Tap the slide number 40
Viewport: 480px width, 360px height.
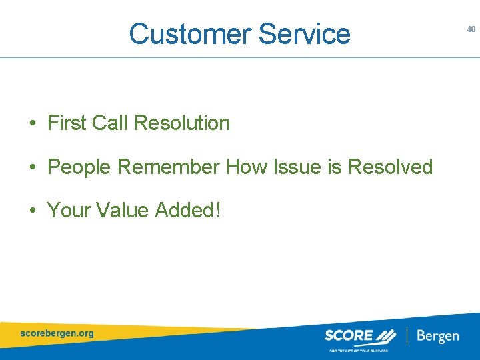pyautogui.click(x=471, y=29)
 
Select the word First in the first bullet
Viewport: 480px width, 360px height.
pyautogui.click(x=67, y=123)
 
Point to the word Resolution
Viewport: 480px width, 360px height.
pyautogui.click(x=182, y=123)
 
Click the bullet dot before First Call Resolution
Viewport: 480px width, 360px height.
pyautogui.click(x=32, y=124)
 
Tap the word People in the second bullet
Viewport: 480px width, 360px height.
pyautogui.click(x=79, y=167)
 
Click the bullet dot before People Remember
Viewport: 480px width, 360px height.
pyautogui.click(x=32, y=168)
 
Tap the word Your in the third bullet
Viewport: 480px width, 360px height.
pyautogui.click(x=69, y=210)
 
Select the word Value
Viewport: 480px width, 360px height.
pyautogui.click(x=123, y=210)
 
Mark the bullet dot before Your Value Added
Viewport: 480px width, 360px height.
pyautogui.click(x=32, y=211)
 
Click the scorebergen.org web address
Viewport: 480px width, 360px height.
pyautogui.click(x=57, y=333)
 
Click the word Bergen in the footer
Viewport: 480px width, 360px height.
pyautogui.click(x=438, y=335)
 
